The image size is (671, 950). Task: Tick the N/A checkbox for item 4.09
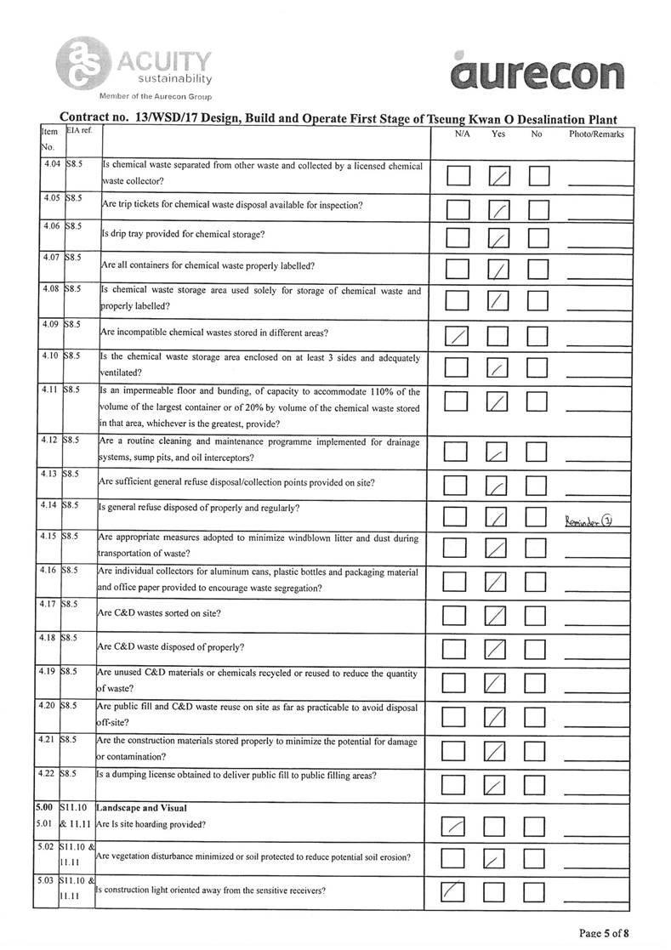(x=458, y=337)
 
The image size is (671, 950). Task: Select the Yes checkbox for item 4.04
(x=499, y=176)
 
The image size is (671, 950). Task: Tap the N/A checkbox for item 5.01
(x=456, y=825)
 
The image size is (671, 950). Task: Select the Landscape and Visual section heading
(x=141, y=807)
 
